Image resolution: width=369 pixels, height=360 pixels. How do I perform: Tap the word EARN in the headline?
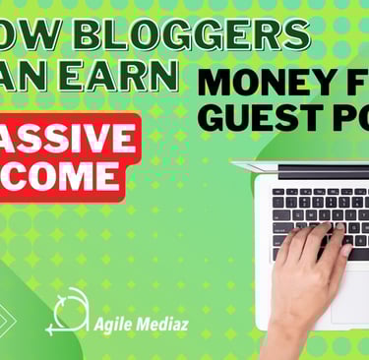click(137, 76)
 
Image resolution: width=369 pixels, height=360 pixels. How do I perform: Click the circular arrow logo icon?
click(66, 313)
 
